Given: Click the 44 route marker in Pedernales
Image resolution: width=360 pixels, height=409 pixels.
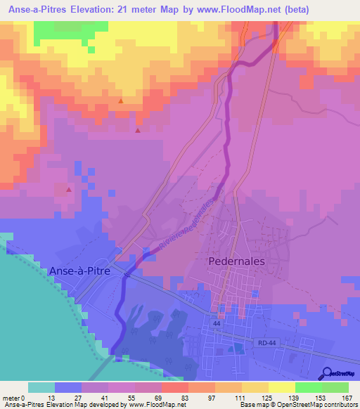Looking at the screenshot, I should [x=218, y=333].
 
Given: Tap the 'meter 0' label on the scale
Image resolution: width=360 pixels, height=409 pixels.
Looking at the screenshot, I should [x=14, y=397].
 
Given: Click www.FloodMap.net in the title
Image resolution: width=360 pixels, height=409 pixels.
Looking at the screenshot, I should [x=221, y=10].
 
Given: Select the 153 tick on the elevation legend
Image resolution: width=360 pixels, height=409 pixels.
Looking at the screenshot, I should [x=320, y=397].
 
